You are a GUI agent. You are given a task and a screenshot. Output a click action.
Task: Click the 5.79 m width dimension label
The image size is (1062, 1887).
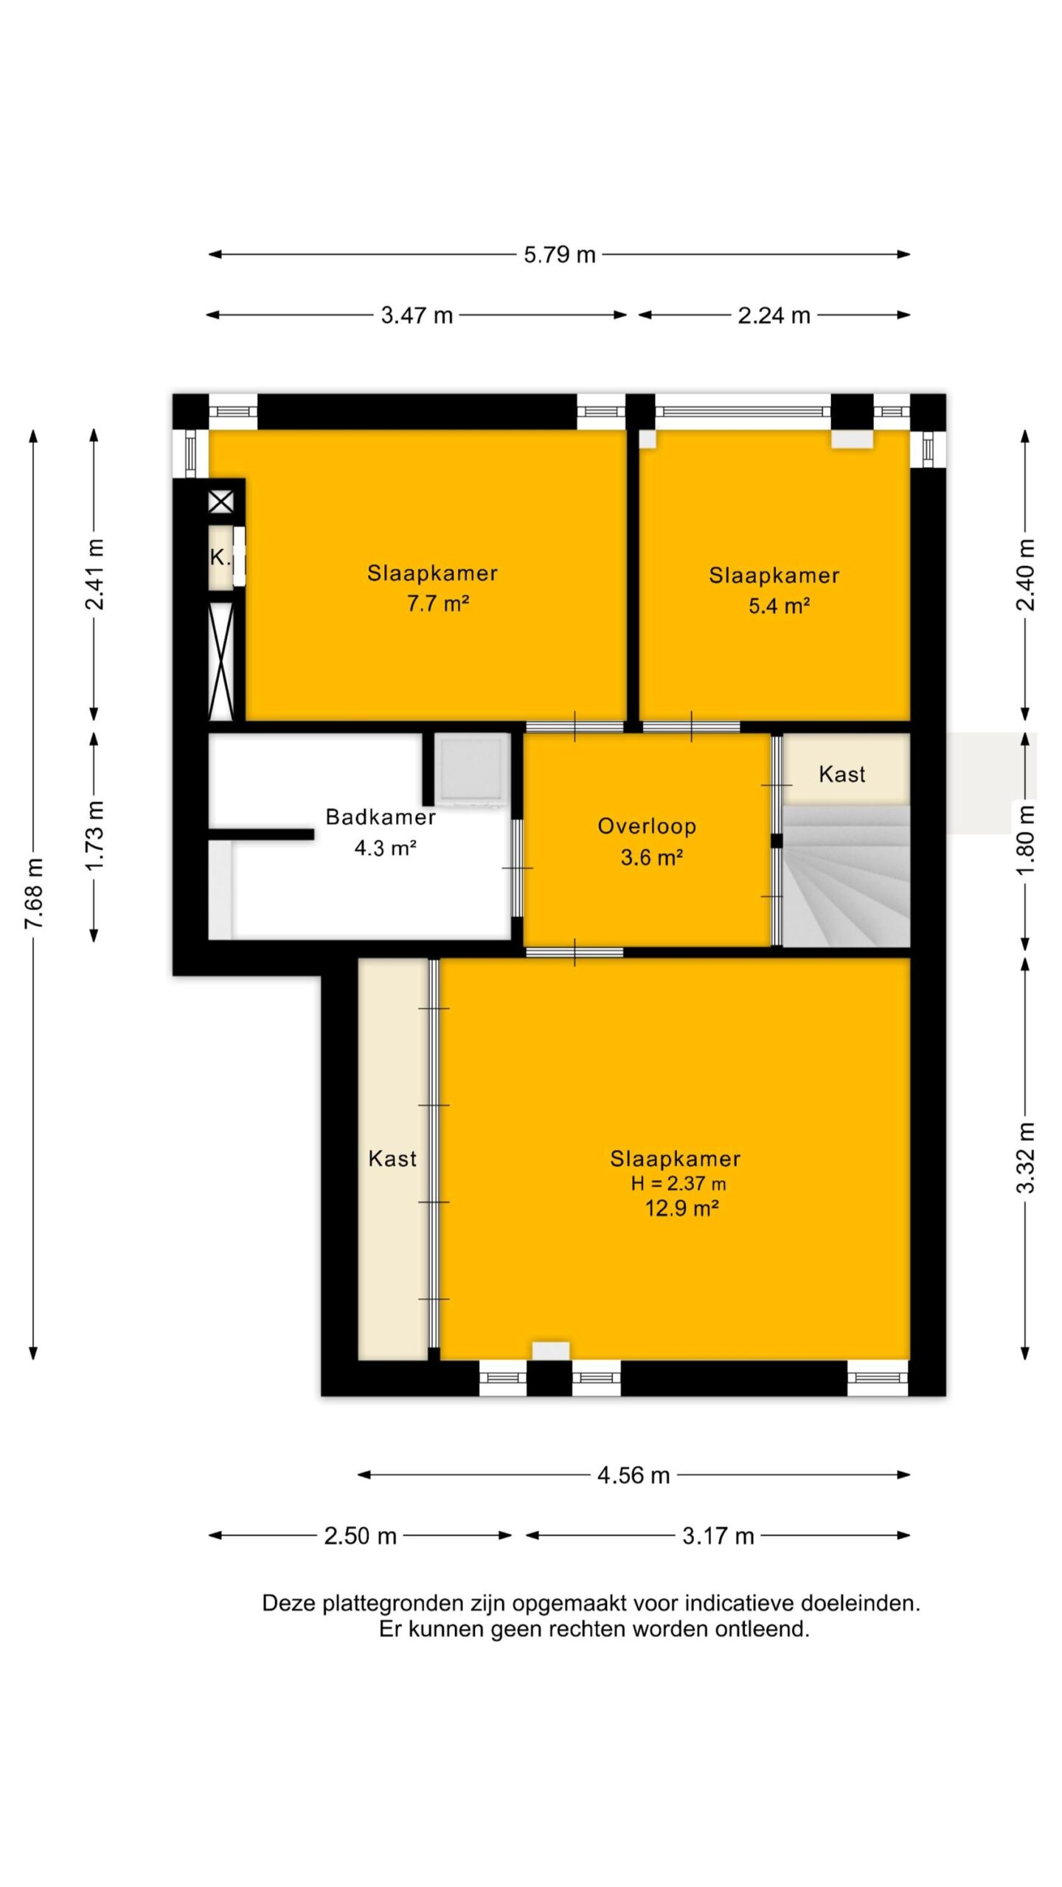[560, 255]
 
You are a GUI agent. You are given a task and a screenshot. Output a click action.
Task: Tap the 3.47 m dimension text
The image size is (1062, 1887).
[417, 315]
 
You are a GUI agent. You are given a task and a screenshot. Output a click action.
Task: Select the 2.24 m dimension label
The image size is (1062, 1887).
[774, 315]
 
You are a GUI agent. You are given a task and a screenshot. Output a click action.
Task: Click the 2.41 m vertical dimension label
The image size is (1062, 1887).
[95, 574]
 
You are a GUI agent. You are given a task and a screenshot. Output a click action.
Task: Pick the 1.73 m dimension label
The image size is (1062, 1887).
[95, 835]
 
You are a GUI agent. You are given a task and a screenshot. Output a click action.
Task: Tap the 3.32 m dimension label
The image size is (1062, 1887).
[1026, 1158]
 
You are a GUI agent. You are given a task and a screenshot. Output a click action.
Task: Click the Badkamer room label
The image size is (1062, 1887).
[381, 817]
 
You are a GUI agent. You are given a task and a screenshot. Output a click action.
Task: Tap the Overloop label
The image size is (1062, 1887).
[647, 826]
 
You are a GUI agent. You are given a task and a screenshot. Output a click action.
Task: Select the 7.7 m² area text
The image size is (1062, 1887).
[438, 604]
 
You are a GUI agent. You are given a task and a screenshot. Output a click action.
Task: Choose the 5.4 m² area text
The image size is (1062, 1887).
[780, 606]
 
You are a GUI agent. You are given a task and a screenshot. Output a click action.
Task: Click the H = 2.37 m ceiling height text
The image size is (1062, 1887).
[678, 1184]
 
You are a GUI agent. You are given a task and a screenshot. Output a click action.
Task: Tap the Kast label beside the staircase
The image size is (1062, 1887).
[842, 774]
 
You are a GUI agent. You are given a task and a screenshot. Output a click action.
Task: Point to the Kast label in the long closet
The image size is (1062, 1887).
[392, 1159]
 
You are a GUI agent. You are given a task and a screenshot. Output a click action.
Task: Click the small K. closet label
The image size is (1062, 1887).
[220, 557]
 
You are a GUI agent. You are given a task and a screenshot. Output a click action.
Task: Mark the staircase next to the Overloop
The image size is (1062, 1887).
[846, 876]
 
